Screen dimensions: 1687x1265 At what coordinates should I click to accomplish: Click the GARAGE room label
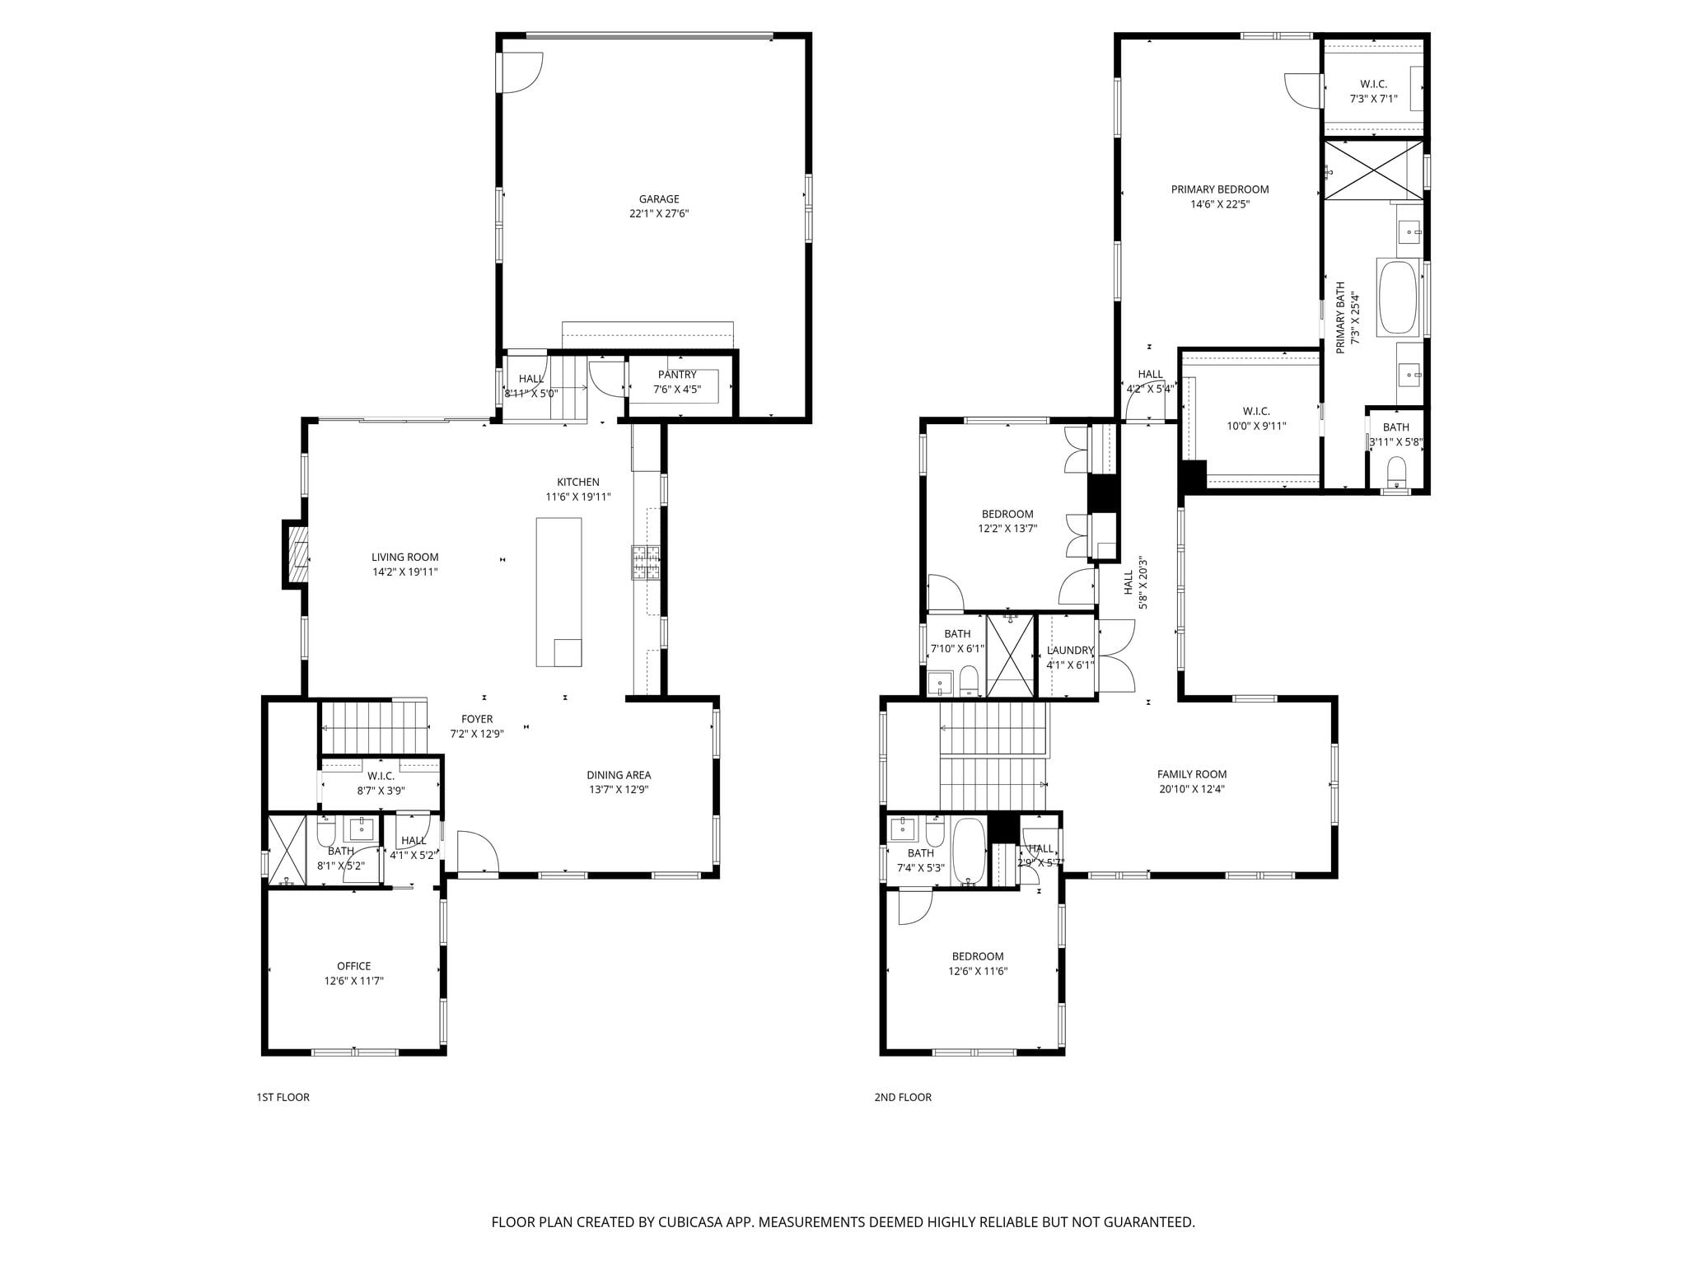tap(659, 198)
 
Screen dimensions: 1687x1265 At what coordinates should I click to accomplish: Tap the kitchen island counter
tap(558, 591)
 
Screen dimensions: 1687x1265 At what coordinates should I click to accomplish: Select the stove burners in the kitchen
tap(646, 562)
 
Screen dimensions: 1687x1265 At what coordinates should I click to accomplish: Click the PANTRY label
tap(677, 375)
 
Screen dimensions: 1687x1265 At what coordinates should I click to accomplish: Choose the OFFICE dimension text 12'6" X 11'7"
tap(354, 981)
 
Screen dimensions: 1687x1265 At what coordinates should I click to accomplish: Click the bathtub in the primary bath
tap(1398, 297)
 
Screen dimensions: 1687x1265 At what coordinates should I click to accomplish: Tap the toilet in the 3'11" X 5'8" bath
tap(1396, 472)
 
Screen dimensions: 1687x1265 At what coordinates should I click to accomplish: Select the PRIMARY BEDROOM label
tap(1220, 189)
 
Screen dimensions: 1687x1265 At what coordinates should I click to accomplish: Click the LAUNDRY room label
tap(1070, 650)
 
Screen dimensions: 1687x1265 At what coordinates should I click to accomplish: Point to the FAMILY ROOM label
tap(1192, 774)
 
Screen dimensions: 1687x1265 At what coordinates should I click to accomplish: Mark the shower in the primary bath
tap(1373, 170)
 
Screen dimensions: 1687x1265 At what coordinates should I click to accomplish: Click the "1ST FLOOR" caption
tap(283, 1097)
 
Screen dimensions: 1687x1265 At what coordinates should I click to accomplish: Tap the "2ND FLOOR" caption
tap(903, 1097)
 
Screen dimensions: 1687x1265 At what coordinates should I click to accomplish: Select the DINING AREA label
tap(619, 775)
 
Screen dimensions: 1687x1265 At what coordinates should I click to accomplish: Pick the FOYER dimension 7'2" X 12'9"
tap(477, 734)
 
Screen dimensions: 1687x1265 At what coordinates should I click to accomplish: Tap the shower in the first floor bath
tap(287, 850)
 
